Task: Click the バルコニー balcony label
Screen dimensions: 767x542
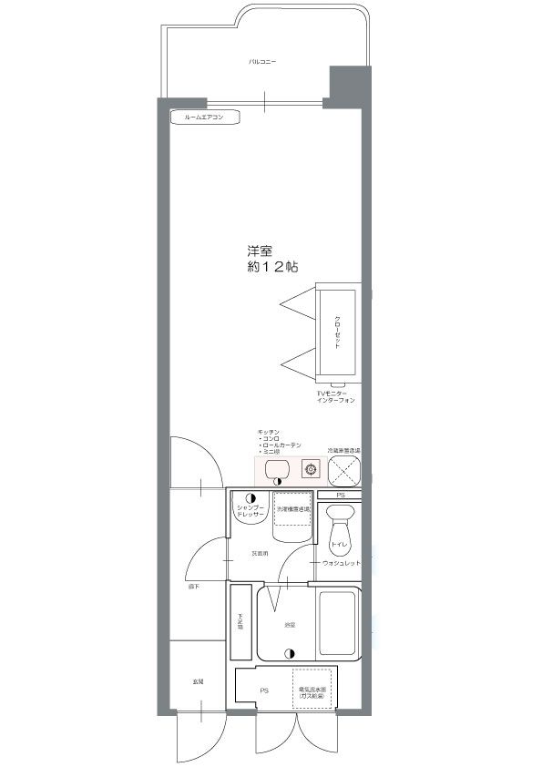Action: click(x=263, y=62)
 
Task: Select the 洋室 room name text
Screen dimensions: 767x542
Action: click(x=261, y=251)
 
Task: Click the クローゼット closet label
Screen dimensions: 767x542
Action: click(x=337, y=332)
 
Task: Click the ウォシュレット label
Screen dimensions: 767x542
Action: click(x=341, y=563)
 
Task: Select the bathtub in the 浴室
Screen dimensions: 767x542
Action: click(x=339, y=624)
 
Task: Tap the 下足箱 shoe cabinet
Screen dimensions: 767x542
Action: click(x=240, y=623)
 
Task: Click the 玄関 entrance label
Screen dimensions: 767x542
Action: click(x=197, y=681)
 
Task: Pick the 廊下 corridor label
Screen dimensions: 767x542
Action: click(x=194, y=587)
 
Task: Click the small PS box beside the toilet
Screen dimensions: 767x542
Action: click(x=340, y=495)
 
